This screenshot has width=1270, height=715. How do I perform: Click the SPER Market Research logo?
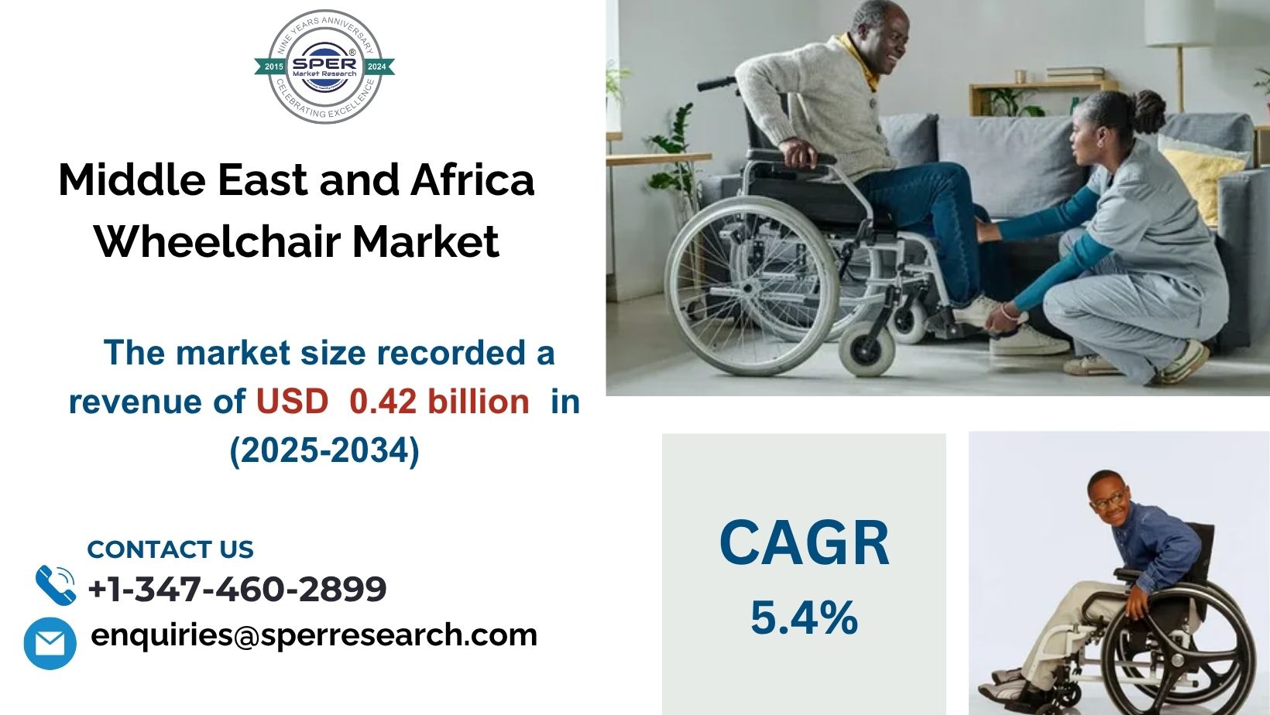324,67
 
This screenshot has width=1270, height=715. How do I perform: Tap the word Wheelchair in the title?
218,241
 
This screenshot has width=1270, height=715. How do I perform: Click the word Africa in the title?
472,180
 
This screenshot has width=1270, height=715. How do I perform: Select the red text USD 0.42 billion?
393,402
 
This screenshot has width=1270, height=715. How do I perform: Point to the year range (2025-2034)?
324,450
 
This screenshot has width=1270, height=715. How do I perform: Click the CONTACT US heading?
170,549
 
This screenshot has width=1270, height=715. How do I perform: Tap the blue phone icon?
55,585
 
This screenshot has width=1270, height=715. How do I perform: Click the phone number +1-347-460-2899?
237,589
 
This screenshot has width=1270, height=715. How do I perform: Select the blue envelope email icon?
50,643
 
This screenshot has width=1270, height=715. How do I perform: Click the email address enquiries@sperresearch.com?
314,635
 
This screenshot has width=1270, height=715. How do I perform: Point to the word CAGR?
804,543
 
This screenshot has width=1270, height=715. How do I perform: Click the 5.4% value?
804,617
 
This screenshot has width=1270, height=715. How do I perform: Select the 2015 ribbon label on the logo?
273,67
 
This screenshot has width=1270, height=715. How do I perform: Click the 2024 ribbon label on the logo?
376,67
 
